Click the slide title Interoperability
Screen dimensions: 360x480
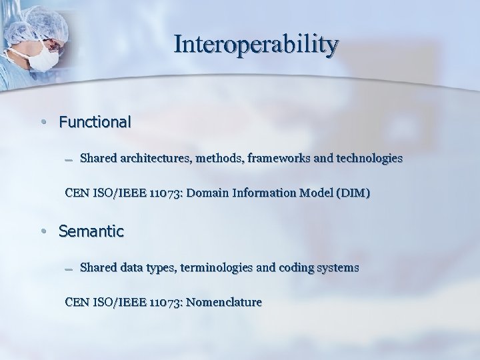coord(256,45)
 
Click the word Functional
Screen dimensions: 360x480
coord(95,123)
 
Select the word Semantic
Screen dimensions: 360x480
coord(91,232)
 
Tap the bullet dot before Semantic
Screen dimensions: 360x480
coord(42,233)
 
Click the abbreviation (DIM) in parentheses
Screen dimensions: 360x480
coord(354,193)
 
